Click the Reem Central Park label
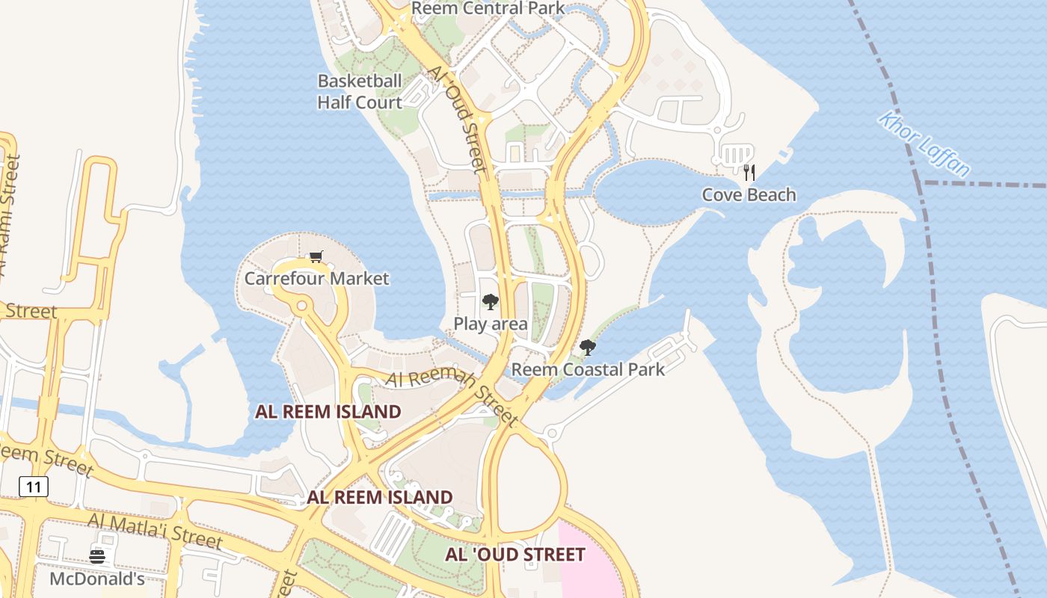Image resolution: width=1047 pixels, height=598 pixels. [488, 8]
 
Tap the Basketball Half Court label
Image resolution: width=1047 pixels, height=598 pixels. [360, 91]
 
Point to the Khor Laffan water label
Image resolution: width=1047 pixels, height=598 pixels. [924, 144]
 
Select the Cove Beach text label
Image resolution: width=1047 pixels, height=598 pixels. [749, 195]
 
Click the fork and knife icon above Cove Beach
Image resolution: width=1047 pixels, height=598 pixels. [749, 173]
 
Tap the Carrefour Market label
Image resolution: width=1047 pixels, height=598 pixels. [316, 279]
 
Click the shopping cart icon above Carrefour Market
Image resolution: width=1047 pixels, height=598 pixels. [316, 257]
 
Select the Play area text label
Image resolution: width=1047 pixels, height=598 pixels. [491, 324]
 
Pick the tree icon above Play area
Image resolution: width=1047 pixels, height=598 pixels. [491, 302]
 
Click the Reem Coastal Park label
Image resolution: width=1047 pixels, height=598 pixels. [588, 369]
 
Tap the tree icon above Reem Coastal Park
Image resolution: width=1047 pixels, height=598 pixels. [588, 348]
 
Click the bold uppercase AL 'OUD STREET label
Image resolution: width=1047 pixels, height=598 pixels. [515, 555]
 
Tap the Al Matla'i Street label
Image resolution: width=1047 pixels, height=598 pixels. [155, 530]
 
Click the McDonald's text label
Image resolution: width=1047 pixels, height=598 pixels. [97, 579]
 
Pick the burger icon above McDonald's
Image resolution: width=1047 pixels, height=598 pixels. [97, 557]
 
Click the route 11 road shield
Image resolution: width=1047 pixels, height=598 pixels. [34, 487]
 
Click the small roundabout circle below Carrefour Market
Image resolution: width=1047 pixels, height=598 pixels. [302, 306]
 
